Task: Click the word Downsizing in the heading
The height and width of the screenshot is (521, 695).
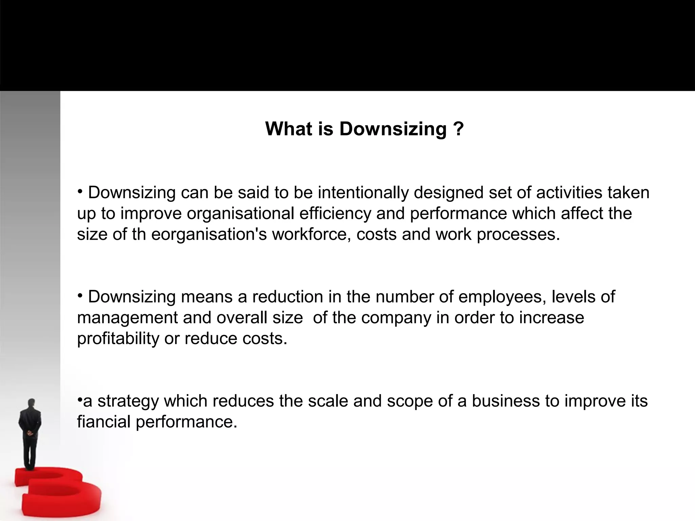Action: [393, 129]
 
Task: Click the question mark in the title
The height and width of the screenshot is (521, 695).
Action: [458, 129]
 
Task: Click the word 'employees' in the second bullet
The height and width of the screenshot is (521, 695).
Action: [502, 297]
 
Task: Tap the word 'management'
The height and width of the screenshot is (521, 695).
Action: [127, 318]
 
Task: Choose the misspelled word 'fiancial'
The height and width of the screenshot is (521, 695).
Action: [104, 422]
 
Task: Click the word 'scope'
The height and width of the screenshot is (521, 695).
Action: [410, 401]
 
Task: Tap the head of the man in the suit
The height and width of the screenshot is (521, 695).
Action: [32, 403]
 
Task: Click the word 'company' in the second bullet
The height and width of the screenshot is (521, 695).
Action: [396, 318]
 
